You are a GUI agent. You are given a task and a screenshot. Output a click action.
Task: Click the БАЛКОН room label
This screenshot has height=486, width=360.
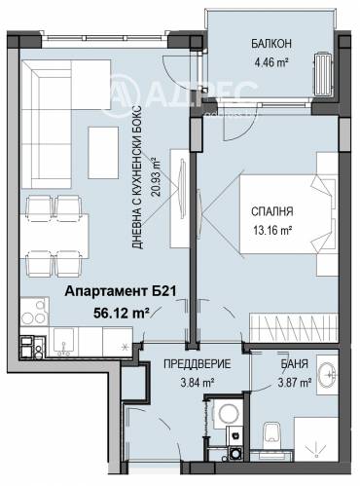[x=271, y=44]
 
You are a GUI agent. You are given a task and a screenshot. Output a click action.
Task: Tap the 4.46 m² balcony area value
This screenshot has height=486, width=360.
[x=271, y=61]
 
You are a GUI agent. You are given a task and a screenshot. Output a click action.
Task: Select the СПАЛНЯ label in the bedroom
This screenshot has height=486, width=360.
[x=272, y=211]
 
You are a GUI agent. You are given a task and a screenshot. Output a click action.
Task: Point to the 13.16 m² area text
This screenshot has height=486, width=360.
[x=272, y=230]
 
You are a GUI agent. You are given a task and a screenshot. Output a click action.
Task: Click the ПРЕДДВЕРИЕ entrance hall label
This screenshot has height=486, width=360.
[x=198, y=364]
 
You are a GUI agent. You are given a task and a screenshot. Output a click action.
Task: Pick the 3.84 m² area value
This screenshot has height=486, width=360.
[x=198, y=383]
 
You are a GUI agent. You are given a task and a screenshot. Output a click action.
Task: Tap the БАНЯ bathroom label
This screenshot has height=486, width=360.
[x=294, y=364]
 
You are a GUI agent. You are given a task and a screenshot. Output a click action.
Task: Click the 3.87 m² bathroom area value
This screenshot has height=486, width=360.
[x=295, y=383]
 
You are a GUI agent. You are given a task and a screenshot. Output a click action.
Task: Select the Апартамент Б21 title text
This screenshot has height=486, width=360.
[x=121, y=291]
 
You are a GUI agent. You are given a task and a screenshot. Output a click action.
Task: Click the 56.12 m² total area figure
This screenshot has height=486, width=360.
[x=122, y=313]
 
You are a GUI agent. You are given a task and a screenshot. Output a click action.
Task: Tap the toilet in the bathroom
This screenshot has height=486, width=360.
[x=271, y=436]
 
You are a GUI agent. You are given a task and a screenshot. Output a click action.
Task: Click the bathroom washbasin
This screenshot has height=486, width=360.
[x=327, y=374]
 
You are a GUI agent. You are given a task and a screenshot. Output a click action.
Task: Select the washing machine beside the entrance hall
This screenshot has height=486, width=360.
[x=228, y=413]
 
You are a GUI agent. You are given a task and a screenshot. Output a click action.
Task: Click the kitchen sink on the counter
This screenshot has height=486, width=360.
[x=63, y=342]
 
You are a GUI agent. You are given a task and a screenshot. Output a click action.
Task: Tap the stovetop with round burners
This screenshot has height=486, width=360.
[x=34, y=312]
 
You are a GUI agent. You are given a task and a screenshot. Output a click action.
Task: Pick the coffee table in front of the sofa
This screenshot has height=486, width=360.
[x=103, y=153]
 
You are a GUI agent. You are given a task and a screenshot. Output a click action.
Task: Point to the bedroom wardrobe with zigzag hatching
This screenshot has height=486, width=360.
[x=294, y=328]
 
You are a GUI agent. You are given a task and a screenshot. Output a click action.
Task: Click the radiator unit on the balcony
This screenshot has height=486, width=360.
[x=323, y=73]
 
